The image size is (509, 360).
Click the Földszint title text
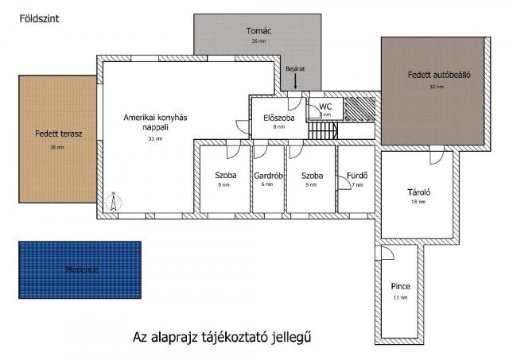tap(37, 16)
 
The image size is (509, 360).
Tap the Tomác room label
tap(258, 31)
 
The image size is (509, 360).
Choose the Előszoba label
tap(279, 118)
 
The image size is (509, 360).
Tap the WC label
tap(324, 106)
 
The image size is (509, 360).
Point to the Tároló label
tap(418, 192)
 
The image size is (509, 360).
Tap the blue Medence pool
tap(80, 270)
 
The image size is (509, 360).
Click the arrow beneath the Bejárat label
tap(295, 80)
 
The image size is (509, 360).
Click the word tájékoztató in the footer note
tap(236, 338)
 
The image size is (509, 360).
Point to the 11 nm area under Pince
tap(399, 297)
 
